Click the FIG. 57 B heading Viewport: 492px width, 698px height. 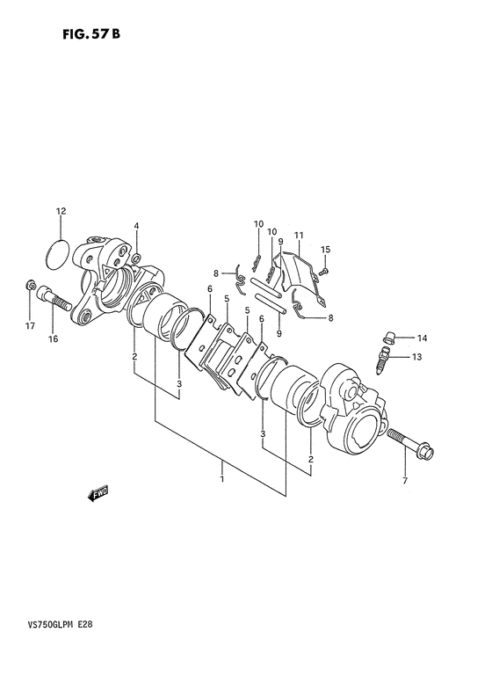click(91, 34)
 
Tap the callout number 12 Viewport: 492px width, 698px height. click(61, 211)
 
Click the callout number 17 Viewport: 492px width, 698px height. click(30, 326)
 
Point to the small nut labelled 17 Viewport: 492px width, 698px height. click(31, 284)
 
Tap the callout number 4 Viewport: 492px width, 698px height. click(136, 226)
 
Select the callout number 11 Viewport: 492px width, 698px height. click(299, 235)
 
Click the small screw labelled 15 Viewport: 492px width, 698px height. click(325, 271)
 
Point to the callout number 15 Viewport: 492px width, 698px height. click(326, 250)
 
